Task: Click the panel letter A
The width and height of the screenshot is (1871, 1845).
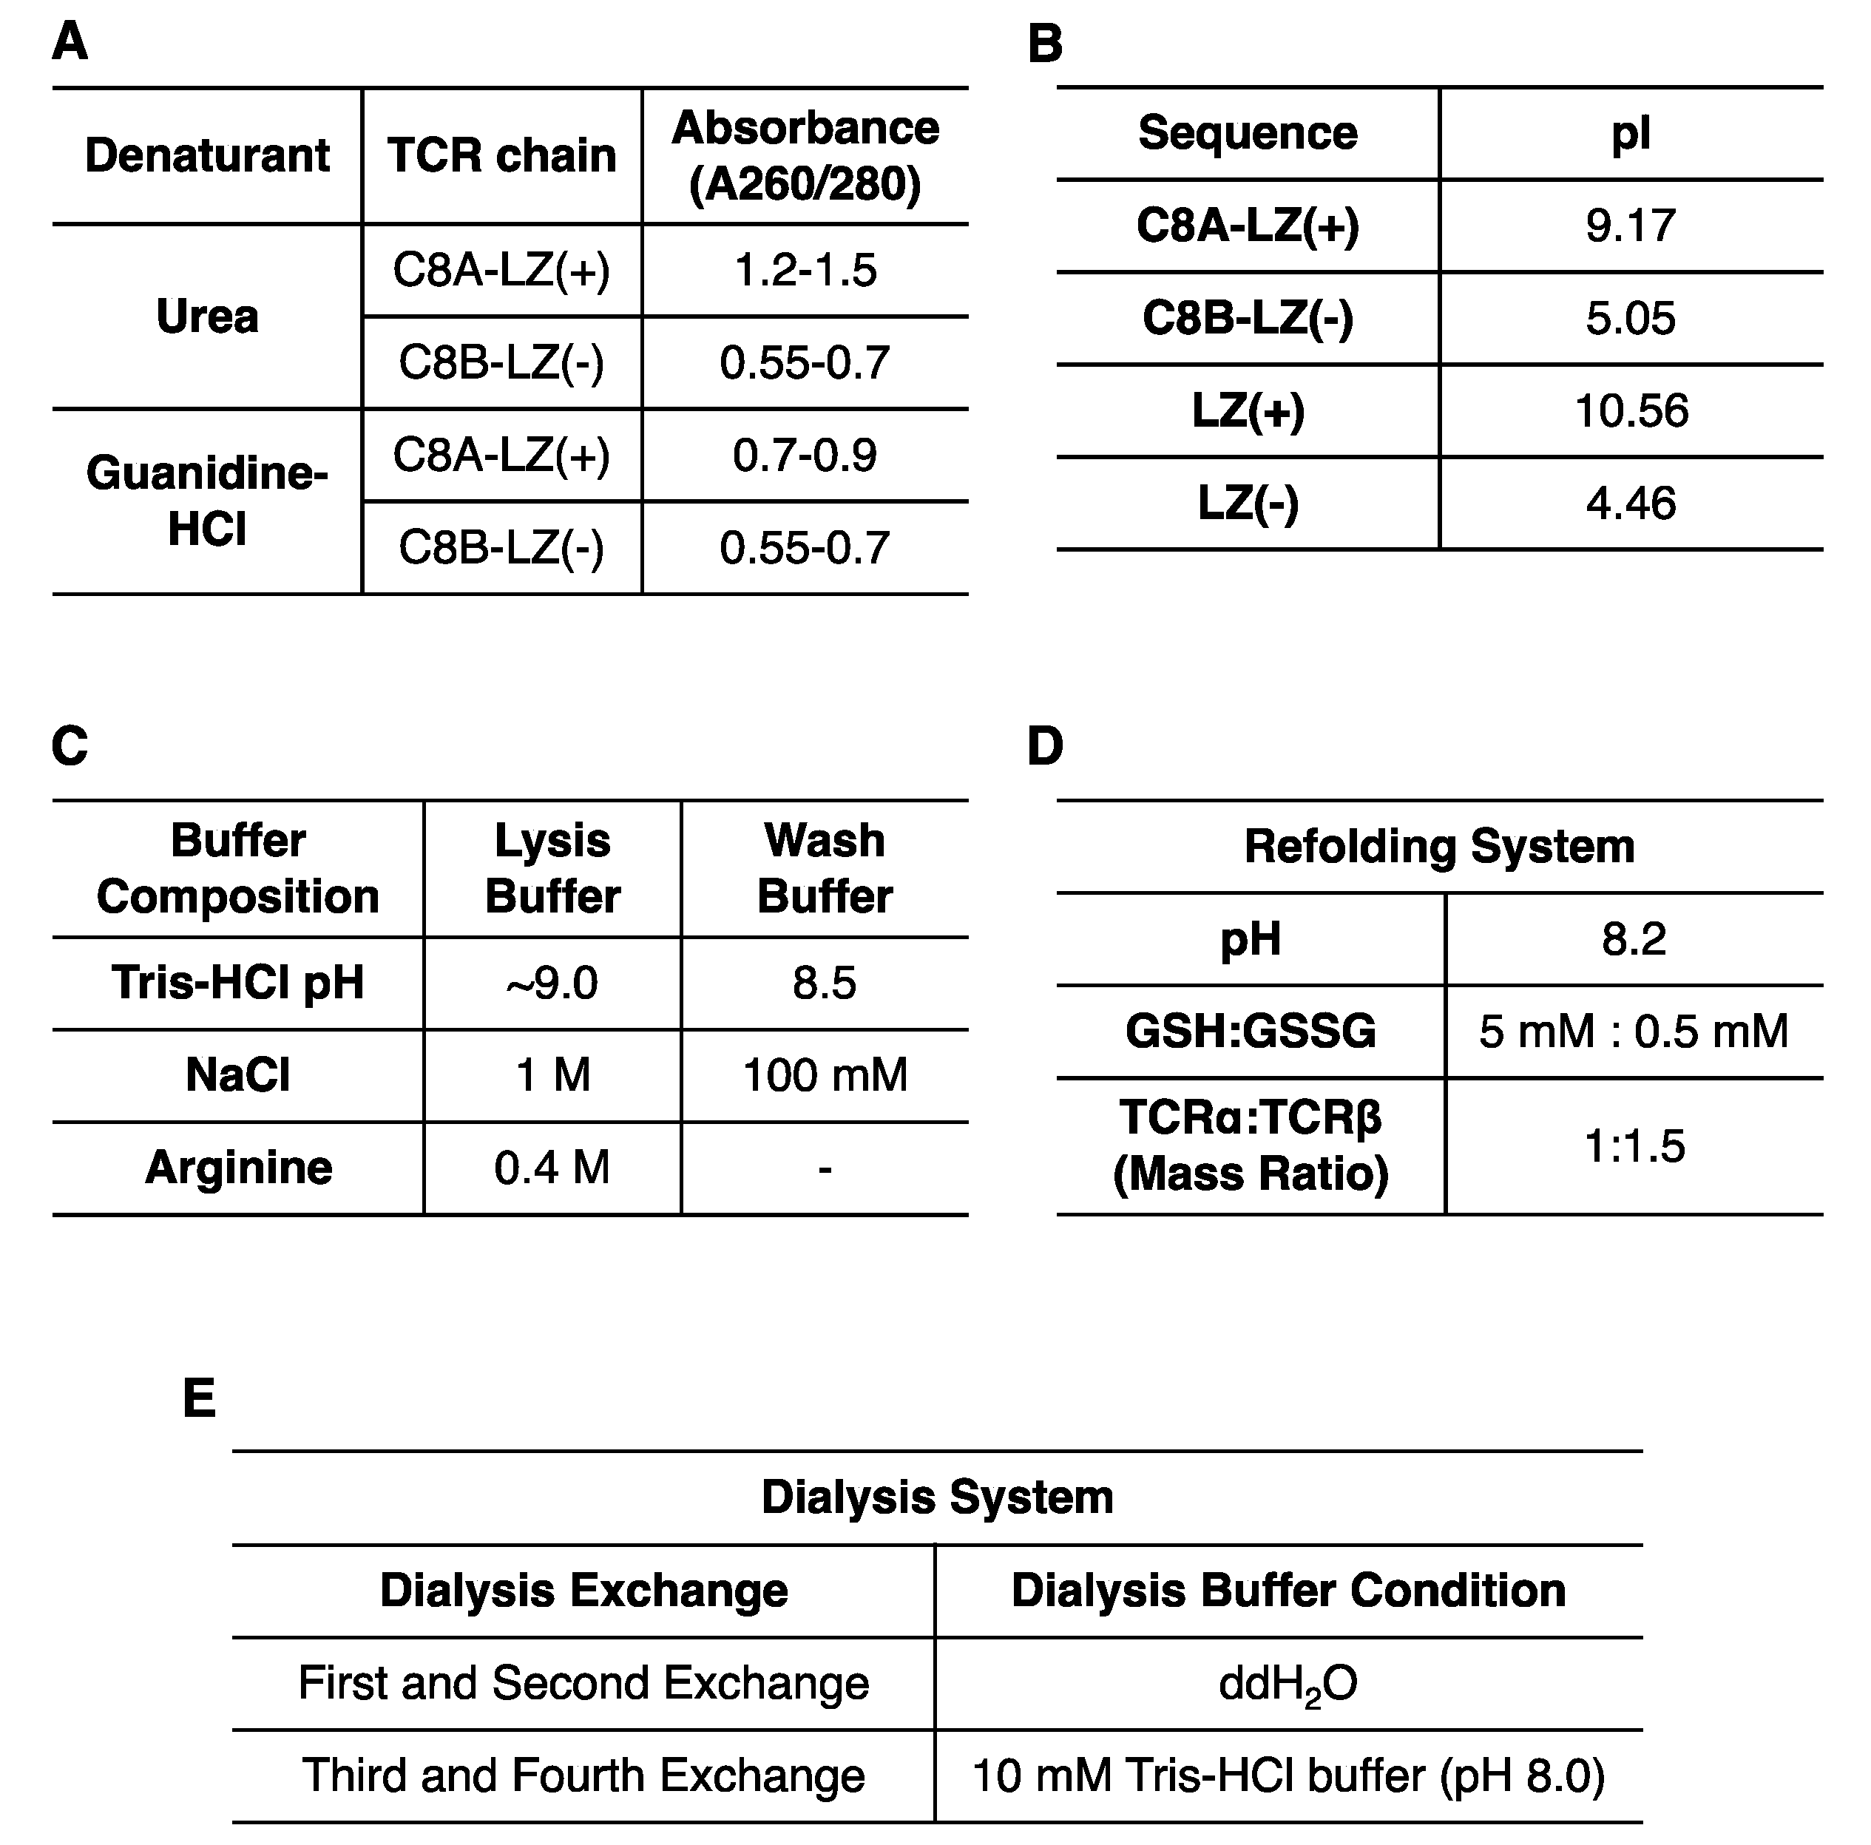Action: pos(70,43)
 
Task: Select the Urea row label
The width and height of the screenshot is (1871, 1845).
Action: pos(207,316)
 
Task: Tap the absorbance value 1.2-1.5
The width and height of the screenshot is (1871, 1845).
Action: pos(805,270)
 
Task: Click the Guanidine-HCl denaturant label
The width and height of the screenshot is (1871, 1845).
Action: pos(207,501)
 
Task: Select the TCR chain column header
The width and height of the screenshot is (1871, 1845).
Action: pos(501,155)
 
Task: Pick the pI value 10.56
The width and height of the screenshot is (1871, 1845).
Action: pos(1631,410)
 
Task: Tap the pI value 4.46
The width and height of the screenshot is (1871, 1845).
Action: pos(1631,504)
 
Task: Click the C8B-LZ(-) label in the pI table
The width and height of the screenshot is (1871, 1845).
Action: pos(1248,318)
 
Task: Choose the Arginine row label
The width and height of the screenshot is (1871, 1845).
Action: pos(238,1167)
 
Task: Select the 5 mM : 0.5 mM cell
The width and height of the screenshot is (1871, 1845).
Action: pos(1633,1032)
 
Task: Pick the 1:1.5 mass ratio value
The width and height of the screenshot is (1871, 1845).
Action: pos(1634,1145)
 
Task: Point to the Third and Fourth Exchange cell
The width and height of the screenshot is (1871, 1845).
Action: pos(583,1775)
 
